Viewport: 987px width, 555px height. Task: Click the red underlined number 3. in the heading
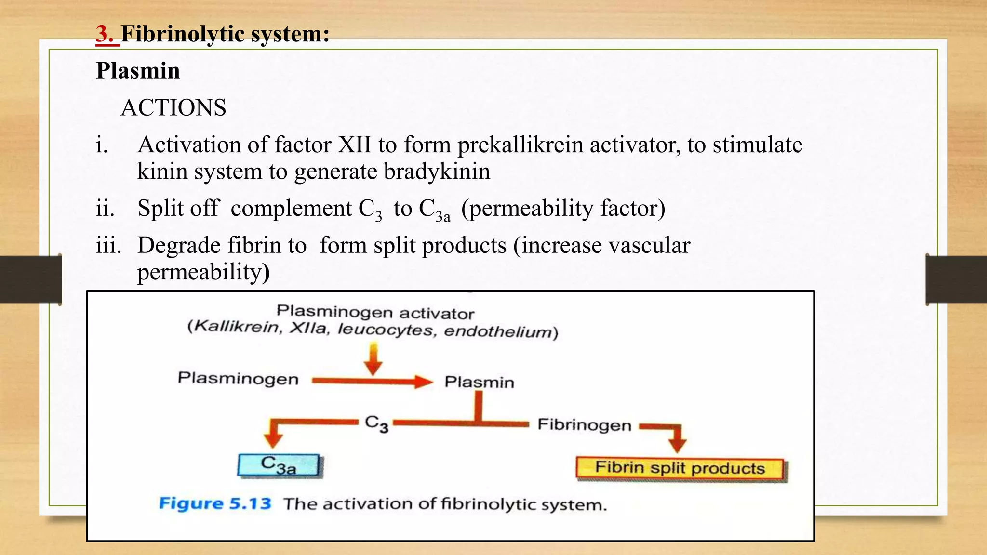click(107, 35)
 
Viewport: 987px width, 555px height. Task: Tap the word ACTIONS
click(173, 108)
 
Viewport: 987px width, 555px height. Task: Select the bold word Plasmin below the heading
click(138, 71)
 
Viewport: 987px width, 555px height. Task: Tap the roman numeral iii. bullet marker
click(108, 246)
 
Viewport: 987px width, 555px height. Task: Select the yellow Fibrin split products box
click(680, 468)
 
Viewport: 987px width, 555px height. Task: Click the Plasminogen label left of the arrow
click(238, 379)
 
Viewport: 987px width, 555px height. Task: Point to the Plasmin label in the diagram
click(479, 383)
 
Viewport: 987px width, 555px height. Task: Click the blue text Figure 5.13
click(215, 504)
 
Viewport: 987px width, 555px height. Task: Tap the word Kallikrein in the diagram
click(237, 327)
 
